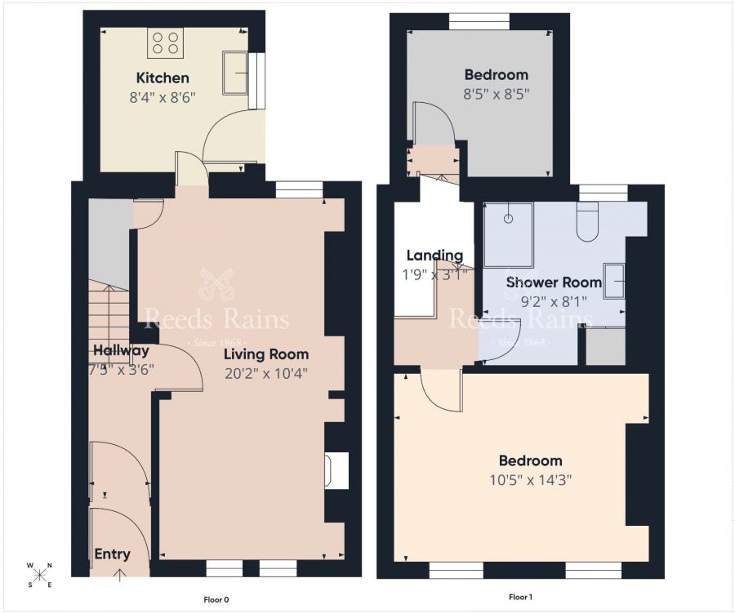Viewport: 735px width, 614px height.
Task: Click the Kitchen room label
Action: pyautogui.click(x=163, y=78)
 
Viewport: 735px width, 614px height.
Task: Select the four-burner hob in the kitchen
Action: pyautogui.click(x=164, y=42)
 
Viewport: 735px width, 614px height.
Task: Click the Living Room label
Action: pyautogui.click(x=266, y=354)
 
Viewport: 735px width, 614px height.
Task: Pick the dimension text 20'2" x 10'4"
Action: pyautogui.click(x=266, y=372)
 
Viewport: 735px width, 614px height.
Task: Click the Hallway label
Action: pyautogui.click(x=121, y=351)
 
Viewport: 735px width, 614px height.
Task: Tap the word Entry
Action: pyautogui.click(x=112, y=554)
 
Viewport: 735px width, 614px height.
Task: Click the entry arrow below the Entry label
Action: pyautogui.click(x=121, y=574)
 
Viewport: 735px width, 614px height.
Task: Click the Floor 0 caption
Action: pyautogui.click(x=216, y=599)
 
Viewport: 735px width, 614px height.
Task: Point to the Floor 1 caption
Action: pyautogui.click(x=520, y=598)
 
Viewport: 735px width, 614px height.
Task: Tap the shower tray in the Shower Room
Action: pyautogui.click(x=508, y=235)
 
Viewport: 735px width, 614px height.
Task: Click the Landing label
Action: pyautogui.click(x=434, y=256)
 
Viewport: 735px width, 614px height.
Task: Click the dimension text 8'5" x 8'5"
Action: pyautogui.click(x=496, y=93)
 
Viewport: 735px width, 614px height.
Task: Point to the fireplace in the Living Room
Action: pyautogui.click(x=336, y=470)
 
